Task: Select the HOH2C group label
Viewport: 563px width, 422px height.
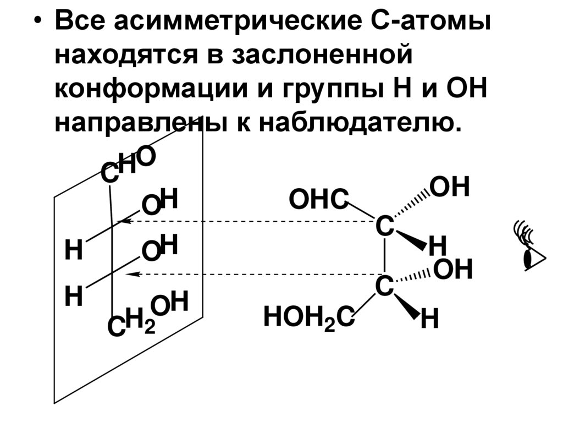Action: (308, 317)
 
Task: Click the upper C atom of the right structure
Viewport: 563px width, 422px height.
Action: (384, 226)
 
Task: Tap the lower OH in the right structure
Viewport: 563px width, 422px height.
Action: (453, 269)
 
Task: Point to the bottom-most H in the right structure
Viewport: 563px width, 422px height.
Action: (429, 320)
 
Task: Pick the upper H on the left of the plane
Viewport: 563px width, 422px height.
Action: (73, 250)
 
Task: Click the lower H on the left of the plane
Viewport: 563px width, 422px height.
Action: (73, 297)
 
